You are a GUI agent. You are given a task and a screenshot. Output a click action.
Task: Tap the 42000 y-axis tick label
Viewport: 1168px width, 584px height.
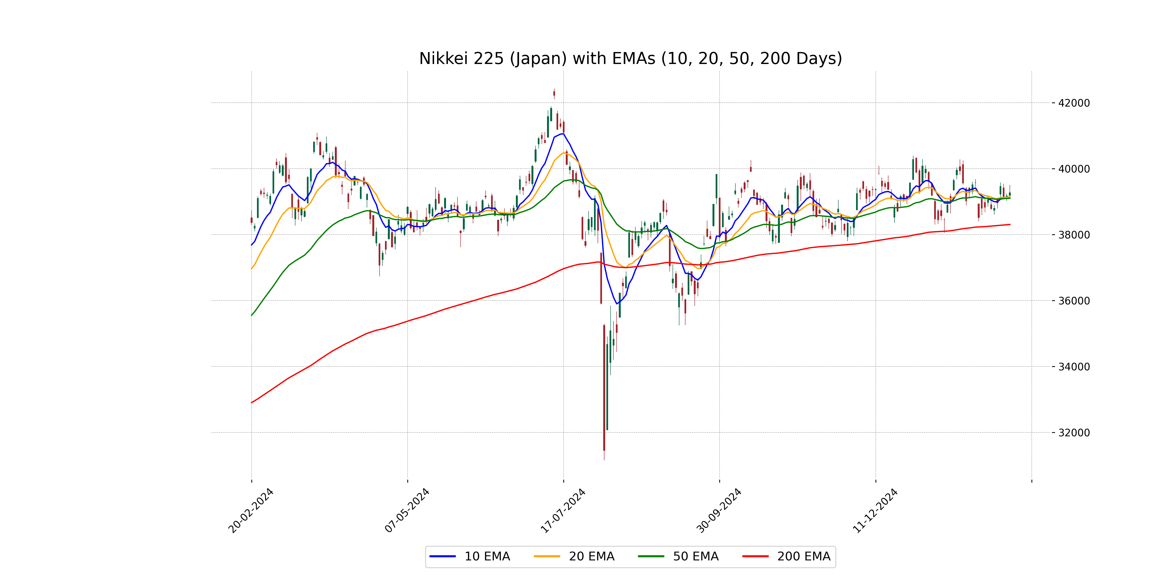[1074, 103]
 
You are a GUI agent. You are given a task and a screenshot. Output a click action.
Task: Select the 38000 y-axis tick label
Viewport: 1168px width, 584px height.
[1074, 235]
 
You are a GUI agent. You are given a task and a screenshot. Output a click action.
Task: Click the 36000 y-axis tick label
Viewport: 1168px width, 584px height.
[1074, 301]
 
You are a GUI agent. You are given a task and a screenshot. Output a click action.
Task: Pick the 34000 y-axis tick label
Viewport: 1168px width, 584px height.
[1074, 367]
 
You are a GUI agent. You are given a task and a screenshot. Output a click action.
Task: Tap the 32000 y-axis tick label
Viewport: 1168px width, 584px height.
[1074, 433]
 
